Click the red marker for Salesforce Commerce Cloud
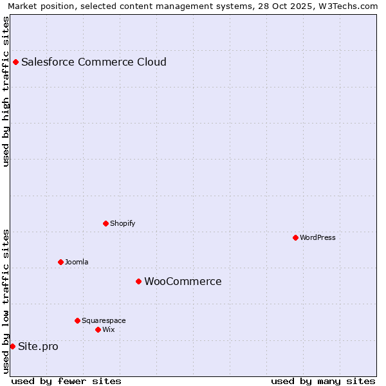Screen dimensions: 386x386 pyautogui.click(x=16, y=62)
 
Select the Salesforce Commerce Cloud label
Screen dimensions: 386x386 pyautogui.click(x=94, y=62)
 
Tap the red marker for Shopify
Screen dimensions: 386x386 pyautogui.click(x=106, y=224)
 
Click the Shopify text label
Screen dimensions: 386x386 pyautogui.click(x=122, y=224)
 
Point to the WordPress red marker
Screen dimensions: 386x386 pyautogui.click(x=295, y=238)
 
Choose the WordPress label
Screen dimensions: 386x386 pyautogui.click(x=318, y=238)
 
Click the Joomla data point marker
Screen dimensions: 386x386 pyautogui.click(x=60, y=262)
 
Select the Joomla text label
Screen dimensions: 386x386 pyautogui.click(x=77, y=262)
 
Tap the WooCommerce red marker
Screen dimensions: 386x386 pyautogui.click(x=138, y=282)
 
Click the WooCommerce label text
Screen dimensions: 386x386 pyautogui.click(x=183, y=282)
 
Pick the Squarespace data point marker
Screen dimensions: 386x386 pyautogui.click(x=77, y=320)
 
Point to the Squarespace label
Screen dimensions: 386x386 pyautogui.click(x=104, y=320)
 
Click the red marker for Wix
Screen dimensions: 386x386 pyautogui.click(x=98, y=330)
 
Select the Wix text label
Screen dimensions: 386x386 pyautogui.click(x=109, y=330)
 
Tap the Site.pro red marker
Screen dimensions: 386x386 pyautogui.click(x=12, y=347)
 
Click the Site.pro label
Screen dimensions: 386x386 pyautogui.click(x=38, y=347)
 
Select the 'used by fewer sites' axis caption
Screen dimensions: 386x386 pyautogui.click(x=66, y=381)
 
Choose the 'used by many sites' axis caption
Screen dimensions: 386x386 pyautogui.click(x=323, y=381)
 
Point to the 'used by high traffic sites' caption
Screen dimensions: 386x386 pyautogui.click(x=6, y=91)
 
